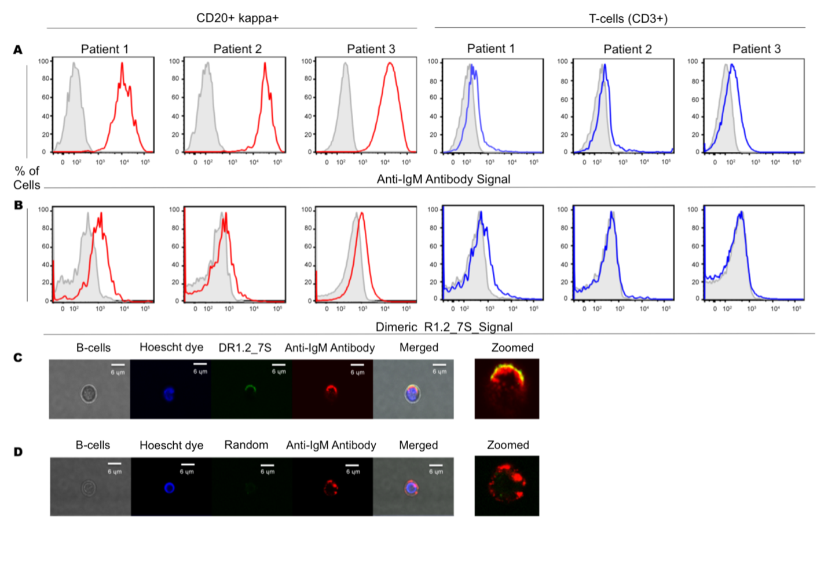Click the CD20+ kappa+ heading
point(237,18)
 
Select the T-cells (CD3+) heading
point(628,19)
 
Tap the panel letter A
point(18,50)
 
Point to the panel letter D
point(18,451)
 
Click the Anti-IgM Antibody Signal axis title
point(443,179)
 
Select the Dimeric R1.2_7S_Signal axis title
point(444,327)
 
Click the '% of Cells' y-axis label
point(27,178)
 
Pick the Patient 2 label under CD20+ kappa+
point(237,49)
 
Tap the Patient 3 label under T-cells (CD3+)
point(756,49)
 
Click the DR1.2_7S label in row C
point(245,348)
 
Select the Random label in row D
point(246,445)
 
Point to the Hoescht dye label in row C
point(171,347)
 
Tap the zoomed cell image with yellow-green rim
point(507,388)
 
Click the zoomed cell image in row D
point(507,486)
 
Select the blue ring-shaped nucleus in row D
point(169,488)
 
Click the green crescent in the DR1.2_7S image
point(250,388)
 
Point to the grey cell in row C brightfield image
point(88,394)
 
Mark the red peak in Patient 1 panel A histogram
point(122,65)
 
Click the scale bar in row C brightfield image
point(118,365)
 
